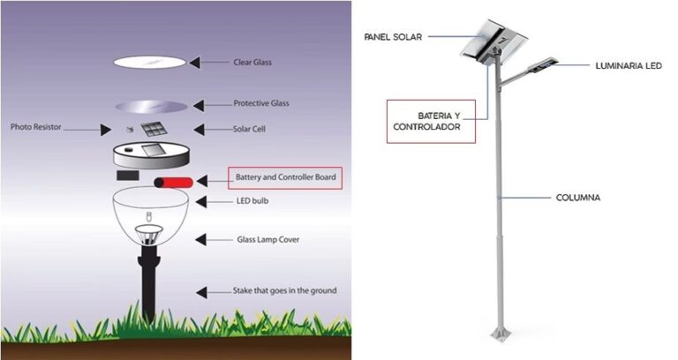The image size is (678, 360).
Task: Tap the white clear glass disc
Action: click(149, 62)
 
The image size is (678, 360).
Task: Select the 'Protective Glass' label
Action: click(261, 103)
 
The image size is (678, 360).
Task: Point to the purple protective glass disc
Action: click(151, 107)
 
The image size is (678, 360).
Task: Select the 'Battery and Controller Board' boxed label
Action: click(284, 178)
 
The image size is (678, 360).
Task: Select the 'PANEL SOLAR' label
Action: click(393, 36)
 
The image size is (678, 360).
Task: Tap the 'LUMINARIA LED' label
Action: click(628, 65)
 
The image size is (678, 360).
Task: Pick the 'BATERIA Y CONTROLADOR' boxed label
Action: click(430, 121)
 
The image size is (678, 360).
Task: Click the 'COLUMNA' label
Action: click(577, 198)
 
